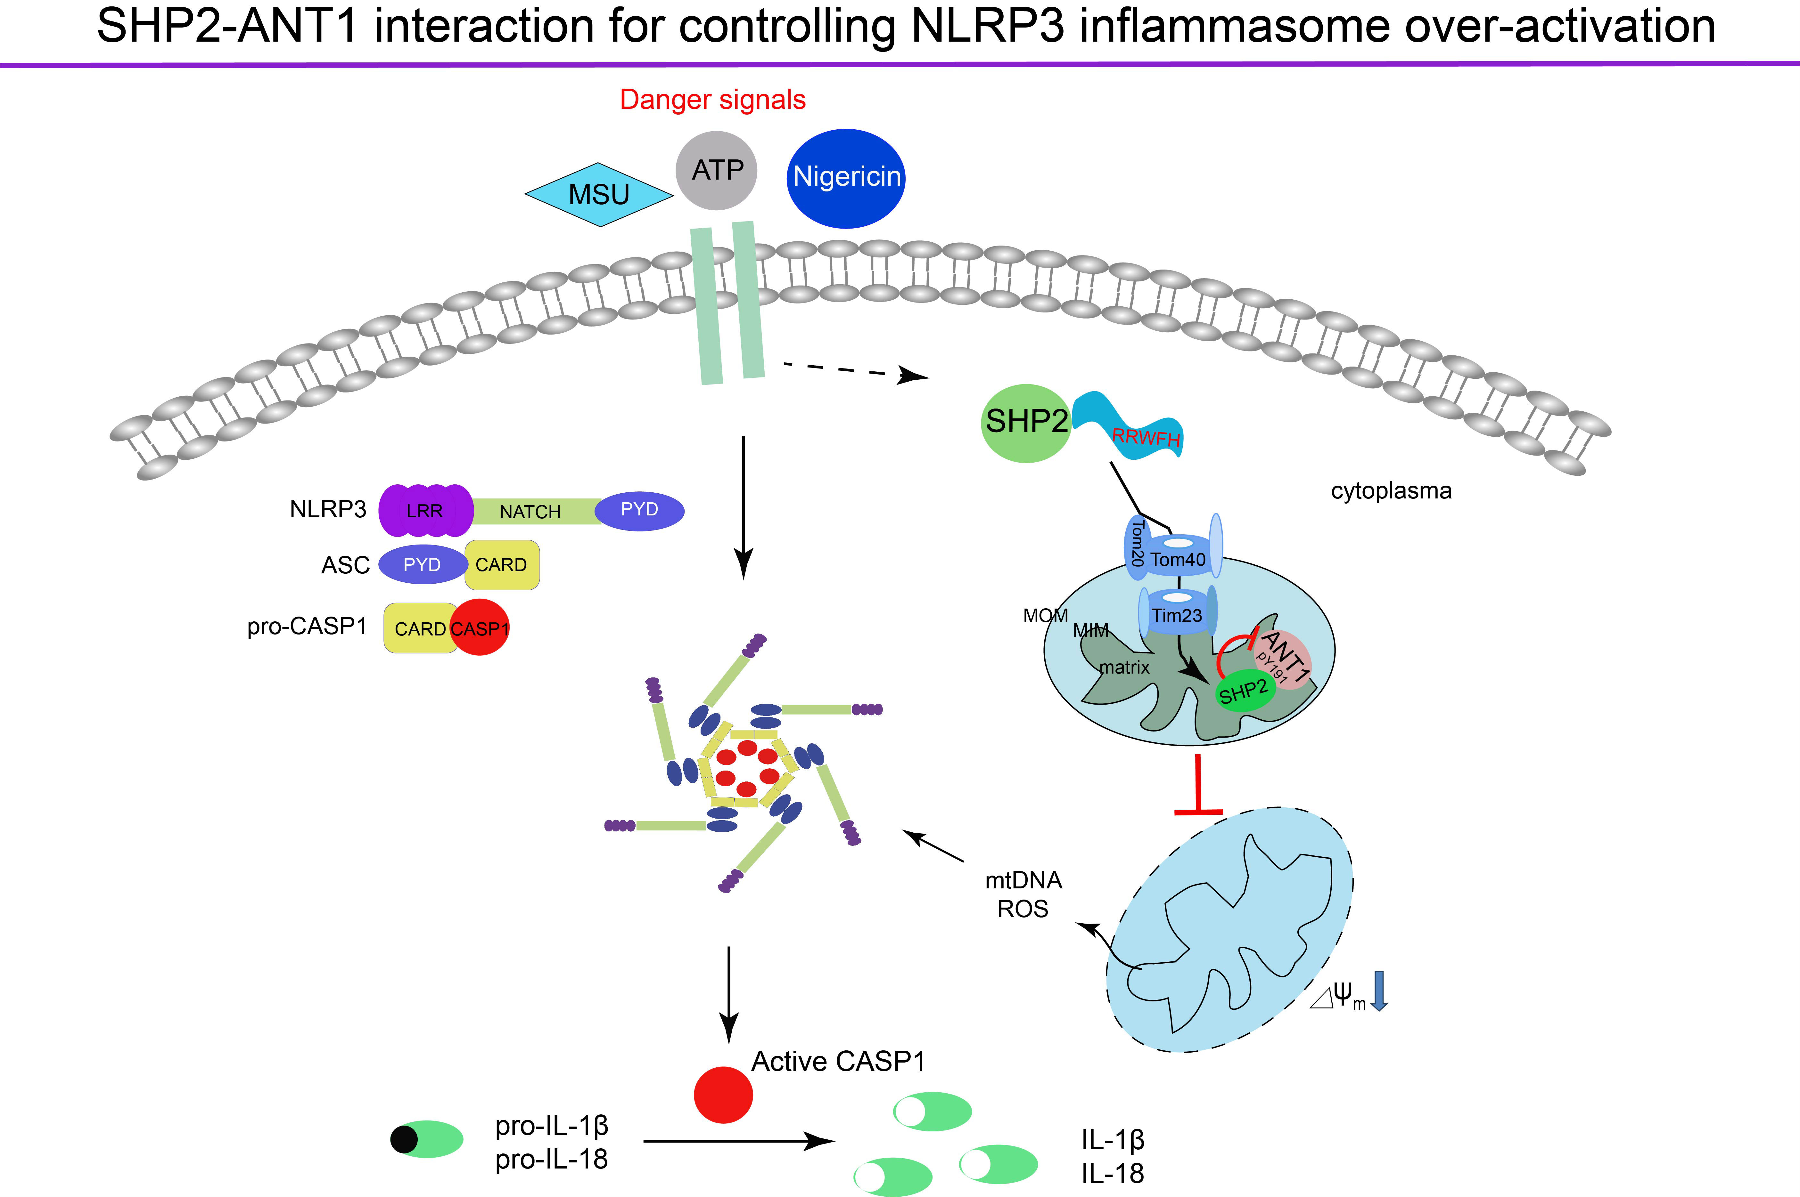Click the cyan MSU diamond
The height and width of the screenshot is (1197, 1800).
(x=599, y=195)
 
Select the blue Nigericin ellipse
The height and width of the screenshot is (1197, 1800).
(x=845, y=178)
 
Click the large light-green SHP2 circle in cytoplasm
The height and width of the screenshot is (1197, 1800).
(x=1026, y=422)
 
